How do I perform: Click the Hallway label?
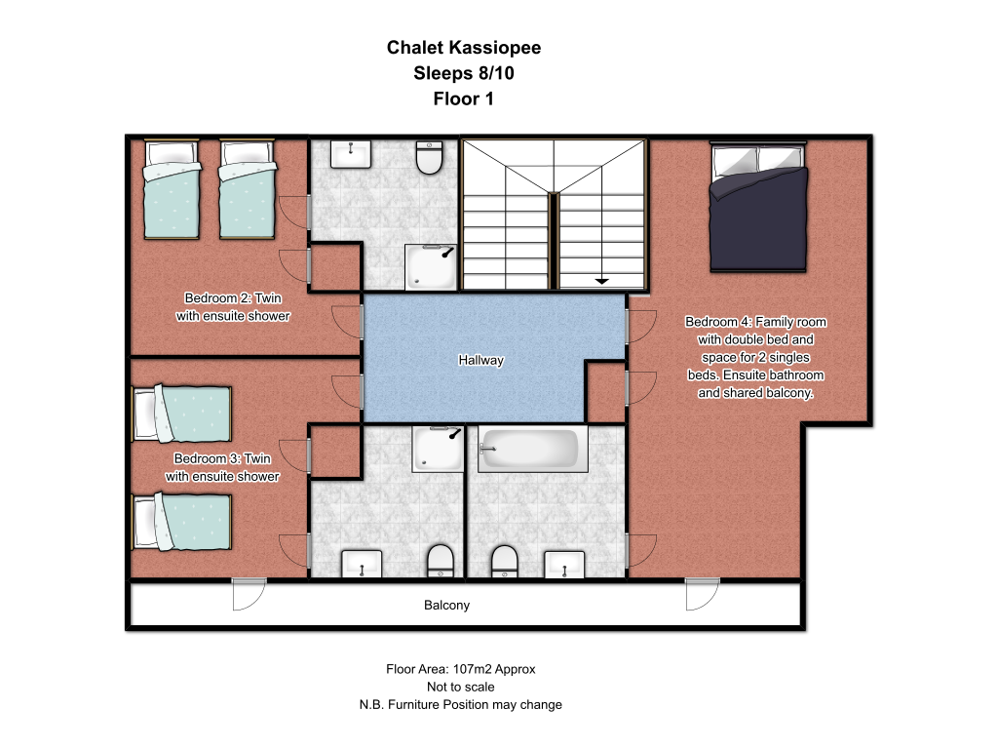click(480, 361)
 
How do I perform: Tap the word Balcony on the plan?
click(446, 605)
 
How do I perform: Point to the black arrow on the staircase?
click(601, 280)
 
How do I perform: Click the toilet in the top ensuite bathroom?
click(429, 157)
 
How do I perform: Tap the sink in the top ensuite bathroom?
click(350, 154)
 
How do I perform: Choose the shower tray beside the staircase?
click(431, 267)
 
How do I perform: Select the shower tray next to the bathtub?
click(438, 449)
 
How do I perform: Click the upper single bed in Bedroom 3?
click(181, 414)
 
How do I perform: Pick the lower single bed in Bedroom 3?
click(181, 522)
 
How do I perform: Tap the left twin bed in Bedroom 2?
click(172, 190)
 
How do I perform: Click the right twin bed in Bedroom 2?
click(248, 190)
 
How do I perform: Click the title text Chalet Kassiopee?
click(464, 48)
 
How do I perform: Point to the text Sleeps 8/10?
click(464, 73)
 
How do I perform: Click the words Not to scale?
click(461, 688)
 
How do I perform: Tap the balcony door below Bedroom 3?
click(249, 594)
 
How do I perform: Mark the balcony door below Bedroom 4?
click(703, 594)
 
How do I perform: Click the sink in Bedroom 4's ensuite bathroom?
click(564, 565)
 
